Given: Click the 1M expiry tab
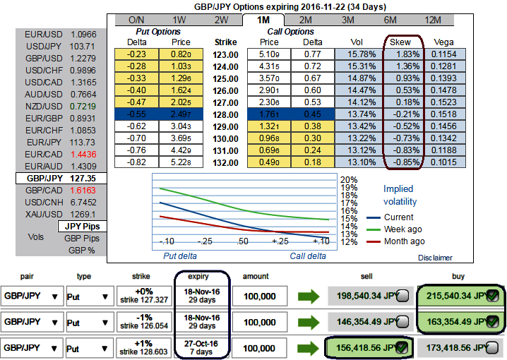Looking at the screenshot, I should (x=264, y=20).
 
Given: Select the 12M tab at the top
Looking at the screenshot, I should (x=433, y=20).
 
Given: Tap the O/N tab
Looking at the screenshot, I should (x=137, y=20).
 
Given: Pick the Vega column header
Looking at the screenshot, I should (x=443, y=42).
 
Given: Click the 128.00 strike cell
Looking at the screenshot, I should (x=226, y=114).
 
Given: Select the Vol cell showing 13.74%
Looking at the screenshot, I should (x=359, y=114).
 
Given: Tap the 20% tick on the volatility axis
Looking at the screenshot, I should (x=348, y=179).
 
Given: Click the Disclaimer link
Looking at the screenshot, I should (x=434, y=258).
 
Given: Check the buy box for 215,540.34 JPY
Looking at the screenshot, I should (x=492, y=296).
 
